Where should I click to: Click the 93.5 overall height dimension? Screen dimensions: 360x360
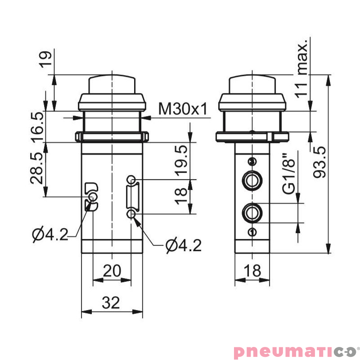pos(320,162)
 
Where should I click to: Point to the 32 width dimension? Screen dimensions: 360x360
pos(111,303)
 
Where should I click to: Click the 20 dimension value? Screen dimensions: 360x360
pos(112,271)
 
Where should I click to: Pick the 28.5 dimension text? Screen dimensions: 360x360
pos(37,169)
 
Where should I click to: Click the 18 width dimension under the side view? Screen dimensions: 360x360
pos(253,271)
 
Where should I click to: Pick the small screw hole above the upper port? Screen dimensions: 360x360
pos(252,162)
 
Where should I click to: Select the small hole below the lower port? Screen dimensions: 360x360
pos(252,232)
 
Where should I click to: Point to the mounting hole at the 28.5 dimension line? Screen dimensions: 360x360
pos(92,197)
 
